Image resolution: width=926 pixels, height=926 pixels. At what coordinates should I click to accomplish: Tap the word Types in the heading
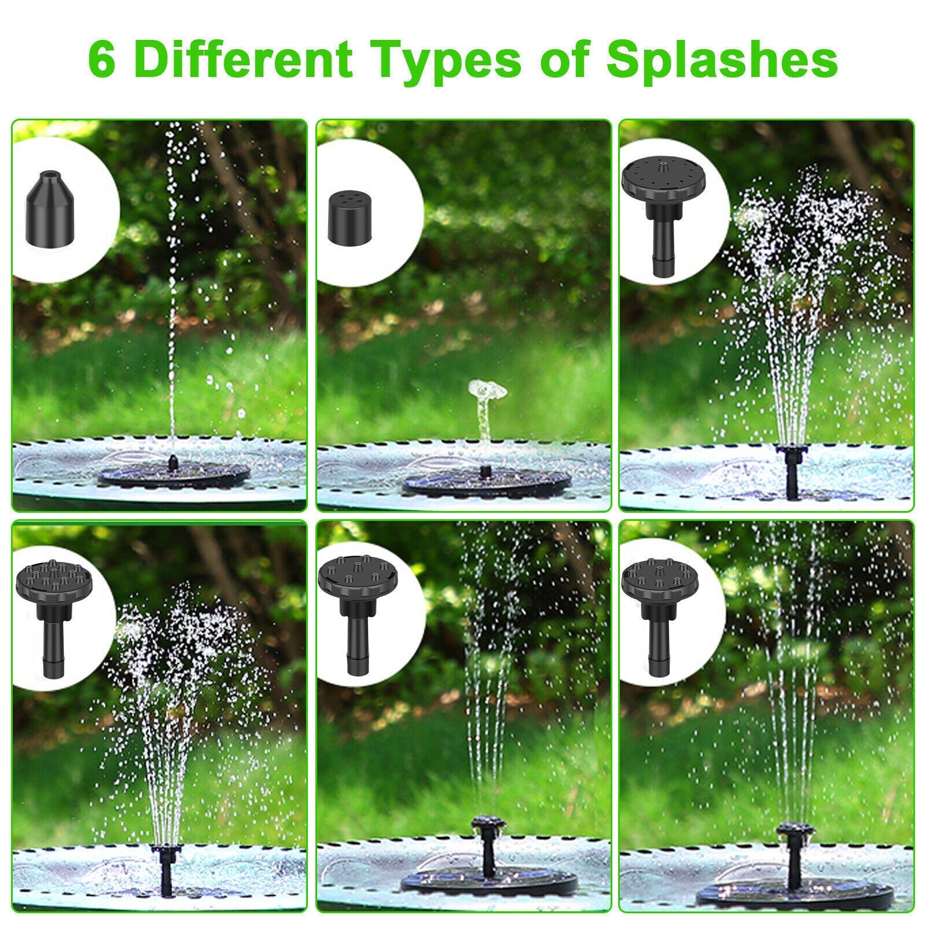tap(441, 63)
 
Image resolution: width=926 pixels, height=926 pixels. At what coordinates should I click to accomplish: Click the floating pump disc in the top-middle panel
tap(487, 482)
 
